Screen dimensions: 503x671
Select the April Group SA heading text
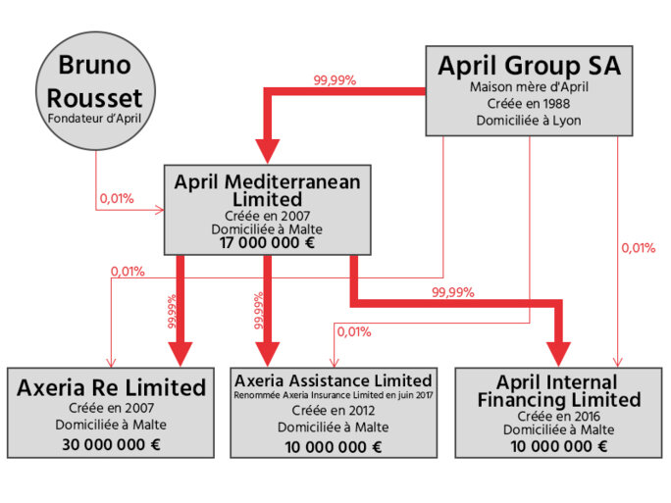[x=529, y=67]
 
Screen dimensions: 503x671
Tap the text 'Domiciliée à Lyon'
[x=529, y=121]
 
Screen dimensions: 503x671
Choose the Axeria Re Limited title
[x=112, y=387]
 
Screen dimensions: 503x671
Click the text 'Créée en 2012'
[x=333, y=411]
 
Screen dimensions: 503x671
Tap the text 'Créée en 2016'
[x=557, y=416]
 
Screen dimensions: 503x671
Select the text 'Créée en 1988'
[x=529, y=104]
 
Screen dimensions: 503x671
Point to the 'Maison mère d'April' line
[x=529, y=87]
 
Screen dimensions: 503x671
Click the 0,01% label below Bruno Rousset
[x=116, y=199]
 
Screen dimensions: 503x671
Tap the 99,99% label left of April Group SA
[x=335, y=80]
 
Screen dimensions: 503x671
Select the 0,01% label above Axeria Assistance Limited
[x=354, y=331]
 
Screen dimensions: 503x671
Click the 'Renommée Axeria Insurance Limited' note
[x=333, y=395]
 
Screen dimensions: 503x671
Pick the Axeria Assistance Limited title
[x=333, y=380]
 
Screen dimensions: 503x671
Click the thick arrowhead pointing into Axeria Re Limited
[x=181, y=353]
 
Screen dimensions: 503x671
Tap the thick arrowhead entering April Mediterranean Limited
[x=267, y=151]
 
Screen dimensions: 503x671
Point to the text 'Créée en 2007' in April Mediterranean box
[x=267, y=214]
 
